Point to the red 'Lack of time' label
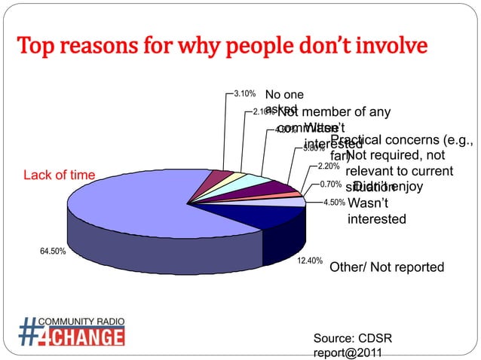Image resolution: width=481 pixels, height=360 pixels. [60, 175]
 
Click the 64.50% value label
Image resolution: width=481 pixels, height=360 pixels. [52, 252]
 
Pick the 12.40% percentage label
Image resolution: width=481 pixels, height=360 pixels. [310, 261]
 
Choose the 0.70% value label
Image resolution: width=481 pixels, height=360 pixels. [332, 184]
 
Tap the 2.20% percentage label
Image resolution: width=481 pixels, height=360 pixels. [329, 166]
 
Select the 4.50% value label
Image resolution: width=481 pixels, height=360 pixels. [334, 203]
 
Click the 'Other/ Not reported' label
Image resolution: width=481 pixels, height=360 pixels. [387, 267]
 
